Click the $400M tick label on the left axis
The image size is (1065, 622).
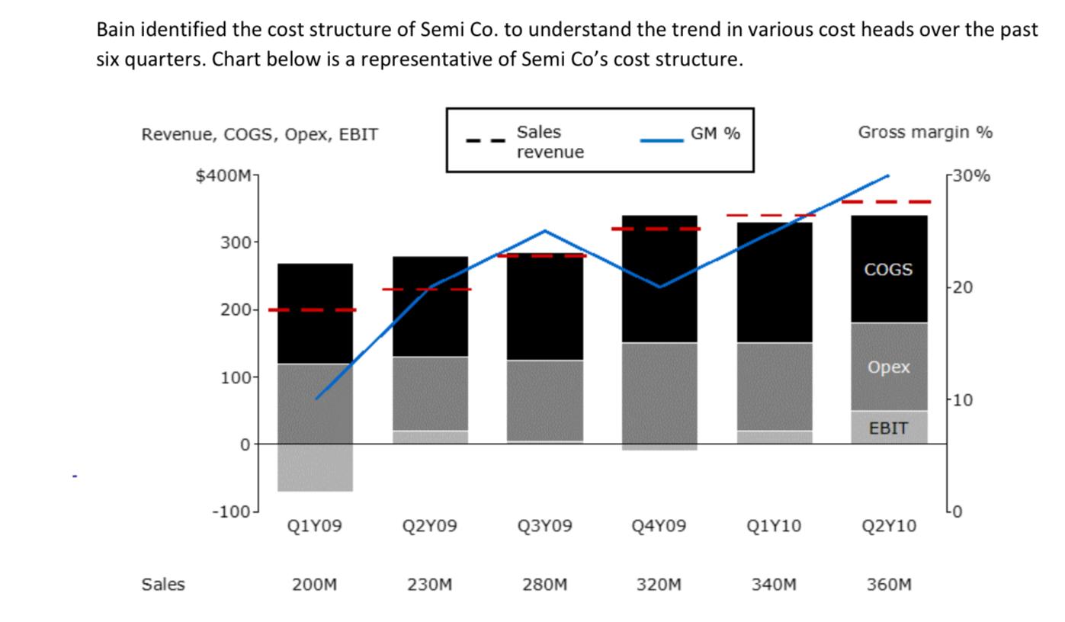pos(223,176)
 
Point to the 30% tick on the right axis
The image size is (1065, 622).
pos(971,176)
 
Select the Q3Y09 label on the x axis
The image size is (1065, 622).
pos(544,526)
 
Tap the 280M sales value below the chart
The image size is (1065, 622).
pos(544,585)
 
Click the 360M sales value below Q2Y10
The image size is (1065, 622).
pos(888,585)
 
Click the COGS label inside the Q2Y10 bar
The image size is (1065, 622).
pos(888,270)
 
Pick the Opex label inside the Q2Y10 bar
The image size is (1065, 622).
pos(888,367)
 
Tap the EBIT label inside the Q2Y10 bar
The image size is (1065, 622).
pos(888,428)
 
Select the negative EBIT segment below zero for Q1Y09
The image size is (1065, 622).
pos(315,467)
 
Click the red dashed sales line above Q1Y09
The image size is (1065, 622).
pos(312,309)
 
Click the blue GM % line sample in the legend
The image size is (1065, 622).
pos(661,140)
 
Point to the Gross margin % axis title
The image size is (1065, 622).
pos(925,133)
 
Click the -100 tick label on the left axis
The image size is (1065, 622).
pos(231,511)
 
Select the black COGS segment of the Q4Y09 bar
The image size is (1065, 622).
pos(659,279)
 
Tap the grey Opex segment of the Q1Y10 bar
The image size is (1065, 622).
pos(774,386)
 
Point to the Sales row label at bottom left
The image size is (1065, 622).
pos(162,585)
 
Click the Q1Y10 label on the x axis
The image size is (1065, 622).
pos(774,526)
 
